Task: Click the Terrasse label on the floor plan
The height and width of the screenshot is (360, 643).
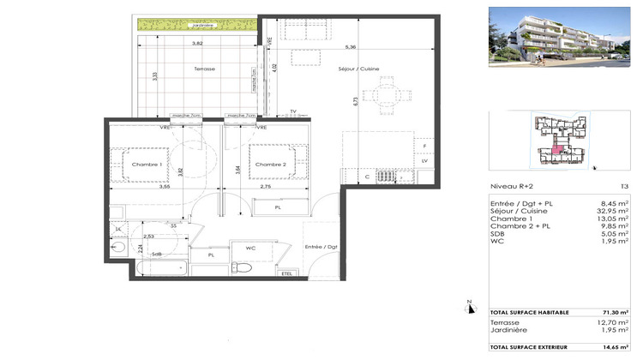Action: [x=204, y=69]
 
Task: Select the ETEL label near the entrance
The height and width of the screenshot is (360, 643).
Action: [x=286, y=273]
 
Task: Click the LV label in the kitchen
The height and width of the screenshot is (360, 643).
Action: [x=424, y=161]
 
